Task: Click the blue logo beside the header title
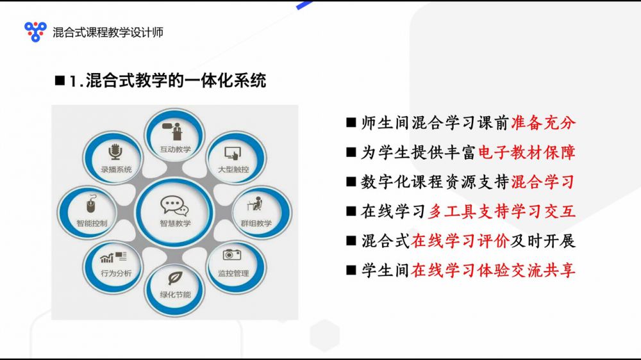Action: point(35,31)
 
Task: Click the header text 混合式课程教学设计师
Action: point(108,32)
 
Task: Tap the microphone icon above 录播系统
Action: point(115,152)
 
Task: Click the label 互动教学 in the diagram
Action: point(176,149)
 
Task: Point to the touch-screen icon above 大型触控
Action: point(233,154)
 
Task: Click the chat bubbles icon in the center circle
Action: point(174,206)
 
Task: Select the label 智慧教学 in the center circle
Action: point(175,224)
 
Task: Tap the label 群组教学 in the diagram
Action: point(256,224)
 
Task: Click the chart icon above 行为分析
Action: point(113,257)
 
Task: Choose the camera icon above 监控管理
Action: point(232,254)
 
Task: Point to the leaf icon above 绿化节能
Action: point(175,278)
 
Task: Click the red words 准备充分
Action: point(544,122)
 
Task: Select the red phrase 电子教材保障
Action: point(527,152)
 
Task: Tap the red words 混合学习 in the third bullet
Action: point(544,182)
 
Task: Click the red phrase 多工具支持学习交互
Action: point(502,211)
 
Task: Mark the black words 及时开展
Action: point(543,241)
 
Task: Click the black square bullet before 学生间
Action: point(351,270)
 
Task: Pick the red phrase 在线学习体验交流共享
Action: point(494,270)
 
